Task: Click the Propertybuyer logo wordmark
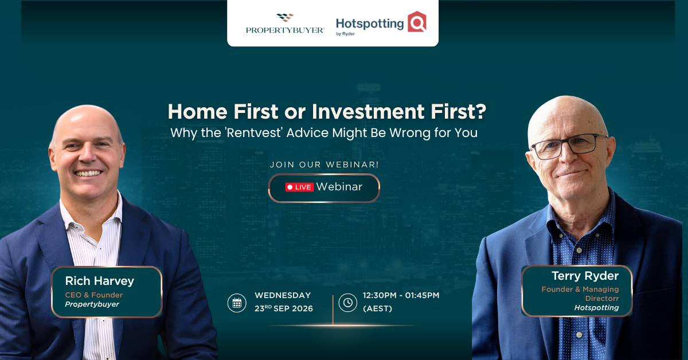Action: pos(285,30)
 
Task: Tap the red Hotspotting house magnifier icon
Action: pos(417,22)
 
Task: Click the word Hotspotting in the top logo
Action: pos(370,24)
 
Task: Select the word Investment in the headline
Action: pos(368,111)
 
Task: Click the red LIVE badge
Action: pos(299,187)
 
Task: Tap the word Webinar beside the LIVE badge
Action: pos(339,187)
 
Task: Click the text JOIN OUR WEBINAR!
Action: pos(324,165)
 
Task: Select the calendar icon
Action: pos(237,303)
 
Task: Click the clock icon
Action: pos(347,303)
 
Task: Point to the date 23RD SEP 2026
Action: pos(283,308)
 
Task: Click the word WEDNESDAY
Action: pos(283,295)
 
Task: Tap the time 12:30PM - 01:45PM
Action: pos(401,295)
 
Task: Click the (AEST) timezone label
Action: pos(377,308)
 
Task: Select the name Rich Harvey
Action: pos(100,281)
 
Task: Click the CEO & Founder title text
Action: pos(93,295)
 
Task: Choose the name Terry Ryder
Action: pos(585,276)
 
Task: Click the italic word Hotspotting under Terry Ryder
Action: pos(596,307)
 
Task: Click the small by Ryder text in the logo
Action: pos(345,34)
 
